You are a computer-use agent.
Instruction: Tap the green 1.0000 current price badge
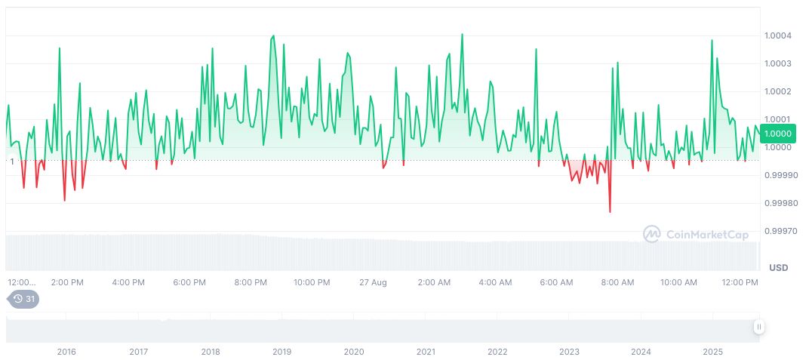[777, 134]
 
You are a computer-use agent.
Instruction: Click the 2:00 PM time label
[67, 282]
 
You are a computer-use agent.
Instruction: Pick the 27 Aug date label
[373, 282]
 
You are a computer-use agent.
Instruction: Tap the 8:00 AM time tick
[617, 282]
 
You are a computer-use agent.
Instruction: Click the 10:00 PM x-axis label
[312, 282]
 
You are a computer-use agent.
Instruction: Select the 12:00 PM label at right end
[740, 282]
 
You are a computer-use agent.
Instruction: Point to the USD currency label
[778, 268]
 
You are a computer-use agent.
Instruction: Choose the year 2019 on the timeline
[281, 352]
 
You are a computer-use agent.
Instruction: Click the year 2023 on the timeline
[569, 352]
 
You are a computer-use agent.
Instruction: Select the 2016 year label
[66, 352]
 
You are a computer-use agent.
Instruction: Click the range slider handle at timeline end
[758, 327]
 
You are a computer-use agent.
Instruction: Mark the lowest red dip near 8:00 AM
[610, 212]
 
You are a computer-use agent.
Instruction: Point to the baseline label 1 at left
[12, 161]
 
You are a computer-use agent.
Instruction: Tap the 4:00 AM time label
[495, 282]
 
